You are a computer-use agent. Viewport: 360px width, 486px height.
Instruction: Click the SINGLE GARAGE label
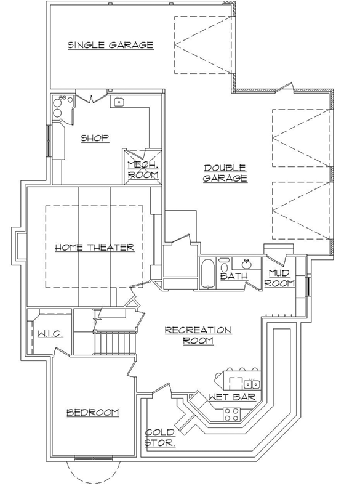click(110, 44)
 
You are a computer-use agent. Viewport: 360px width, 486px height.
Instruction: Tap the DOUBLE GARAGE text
click(226, 173)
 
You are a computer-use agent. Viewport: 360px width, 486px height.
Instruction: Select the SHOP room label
click(95, 138)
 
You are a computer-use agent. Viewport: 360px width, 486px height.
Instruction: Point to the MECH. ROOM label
click(143, 169)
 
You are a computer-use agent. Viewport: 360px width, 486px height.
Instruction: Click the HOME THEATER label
click(94, 247)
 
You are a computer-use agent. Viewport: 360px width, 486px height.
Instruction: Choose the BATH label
click(234, 277)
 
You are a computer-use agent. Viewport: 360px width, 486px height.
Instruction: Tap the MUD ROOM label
click(278, 278)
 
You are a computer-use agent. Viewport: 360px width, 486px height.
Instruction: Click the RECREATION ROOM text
click(198, 335)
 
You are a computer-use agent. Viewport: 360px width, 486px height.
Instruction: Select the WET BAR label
click(231, 397)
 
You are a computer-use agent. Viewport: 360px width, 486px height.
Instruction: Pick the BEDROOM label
click(92, 412)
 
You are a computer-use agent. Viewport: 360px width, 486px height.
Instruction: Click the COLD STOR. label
click(159, 437)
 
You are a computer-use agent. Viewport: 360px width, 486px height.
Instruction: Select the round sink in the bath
click(246, 264)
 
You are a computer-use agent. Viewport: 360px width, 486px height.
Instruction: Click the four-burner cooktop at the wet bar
click(231, 414)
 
